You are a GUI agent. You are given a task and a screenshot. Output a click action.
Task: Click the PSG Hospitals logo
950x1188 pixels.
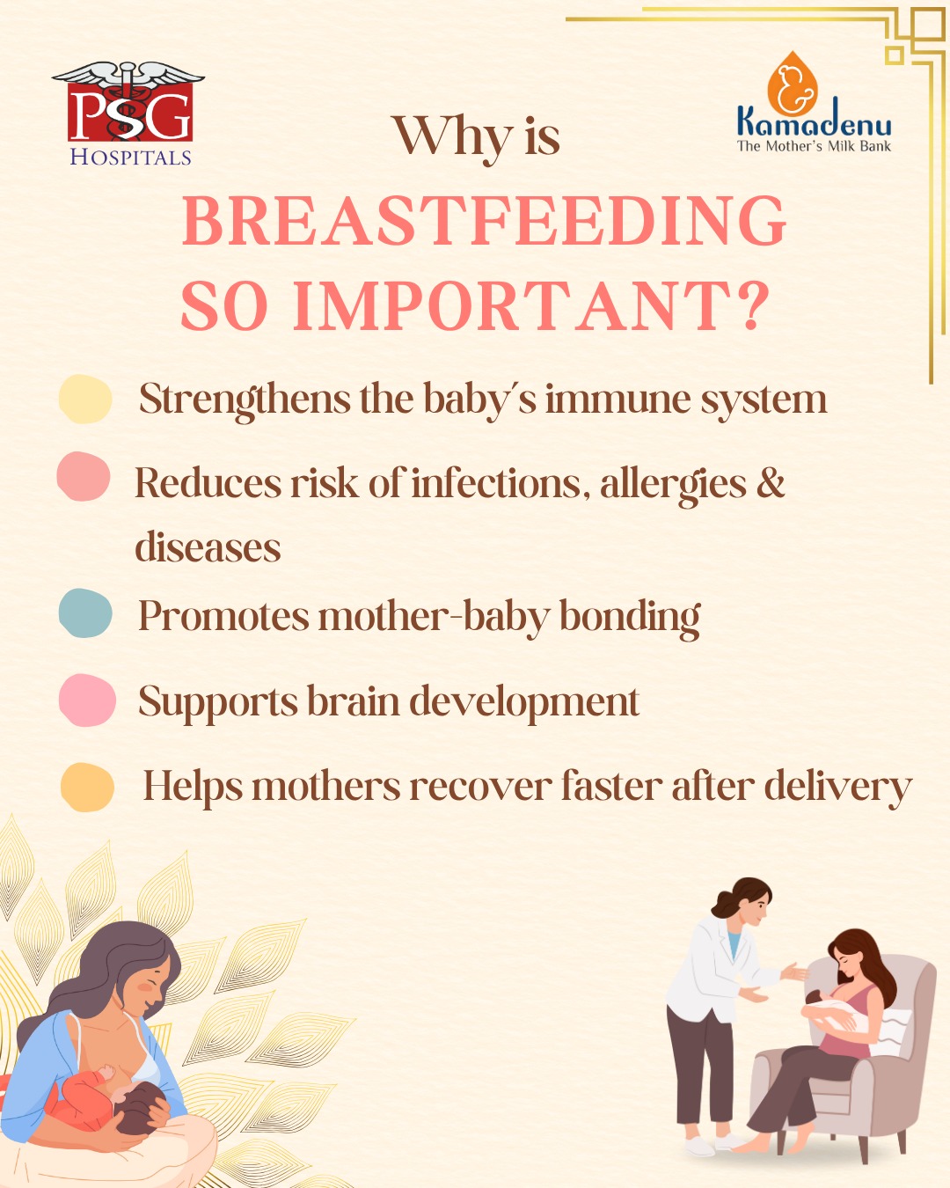pos(128,114)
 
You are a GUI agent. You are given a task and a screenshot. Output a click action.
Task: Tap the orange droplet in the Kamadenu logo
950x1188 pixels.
pos(793,84)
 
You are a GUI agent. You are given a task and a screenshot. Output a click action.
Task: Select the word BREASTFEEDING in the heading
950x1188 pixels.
pos(484,220)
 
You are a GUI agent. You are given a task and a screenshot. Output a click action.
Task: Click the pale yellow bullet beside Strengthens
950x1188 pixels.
pos(85,399)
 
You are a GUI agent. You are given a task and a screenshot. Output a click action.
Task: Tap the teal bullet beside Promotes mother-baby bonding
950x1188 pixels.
pos(85,612)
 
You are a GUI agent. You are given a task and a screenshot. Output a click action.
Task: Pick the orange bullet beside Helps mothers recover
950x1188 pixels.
pos(87,788)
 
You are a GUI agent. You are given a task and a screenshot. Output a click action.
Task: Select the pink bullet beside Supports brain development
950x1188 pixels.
pos(87,700)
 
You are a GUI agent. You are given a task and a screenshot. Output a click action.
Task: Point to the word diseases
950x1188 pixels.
pos(208,546)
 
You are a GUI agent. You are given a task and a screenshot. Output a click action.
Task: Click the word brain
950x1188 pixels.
pos(353,701)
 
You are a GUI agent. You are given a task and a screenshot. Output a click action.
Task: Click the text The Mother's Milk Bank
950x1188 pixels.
pos(815,146)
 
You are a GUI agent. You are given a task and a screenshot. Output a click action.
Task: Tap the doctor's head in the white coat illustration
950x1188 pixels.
pos(743,901)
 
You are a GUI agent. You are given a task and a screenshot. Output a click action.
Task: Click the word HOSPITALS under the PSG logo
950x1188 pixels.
pos(130,157)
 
